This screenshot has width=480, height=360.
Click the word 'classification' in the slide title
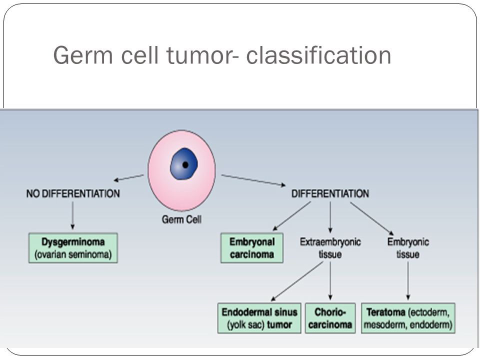[318, 55]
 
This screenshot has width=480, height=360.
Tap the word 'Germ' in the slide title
[83, 55]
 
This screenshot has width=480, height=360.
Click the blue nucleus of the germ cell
[183, 164]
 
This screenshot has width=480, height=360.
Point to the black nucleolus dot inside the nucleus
[185, 164]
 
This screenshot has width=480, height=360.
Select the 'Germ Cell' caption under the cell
[181, 219]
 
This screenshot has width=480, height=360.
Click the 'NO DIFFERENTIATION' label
[73, 193]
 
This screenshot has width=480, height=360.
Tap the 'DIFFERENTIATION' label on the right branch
[330, 193]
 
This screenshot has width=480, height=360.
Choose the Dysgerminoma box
[73, 248]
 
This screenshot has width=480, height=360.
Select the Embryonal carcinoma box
[251, 248]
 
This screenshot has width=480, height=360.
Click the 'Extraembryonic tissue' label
[330, 248]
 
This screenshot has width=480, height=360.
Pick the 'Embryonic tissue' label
[408, 248]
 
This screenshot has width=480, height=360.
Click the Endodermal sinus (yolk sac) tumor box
[259, 318]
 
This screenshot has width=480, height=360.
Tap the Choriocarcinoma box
[330, 318]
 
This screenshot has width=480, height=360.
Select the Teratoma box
[408, 318]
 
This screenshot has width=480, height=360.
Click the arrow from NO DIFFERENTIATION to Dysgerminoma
[72, 215]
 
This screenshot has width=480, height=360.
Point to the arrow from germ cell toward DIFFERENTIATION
[253, 180]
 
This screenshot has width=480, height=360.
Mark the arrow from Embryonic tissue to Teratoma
[408, 281]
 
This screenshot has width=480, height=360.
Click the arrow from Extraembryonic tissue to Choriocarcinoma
[330, 281]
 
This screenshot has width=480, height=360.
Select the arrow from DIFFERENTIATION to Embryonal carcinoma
[291, 216]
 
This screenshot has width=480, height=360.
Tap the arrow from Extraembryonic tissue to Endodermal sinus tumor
[297, 281]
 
